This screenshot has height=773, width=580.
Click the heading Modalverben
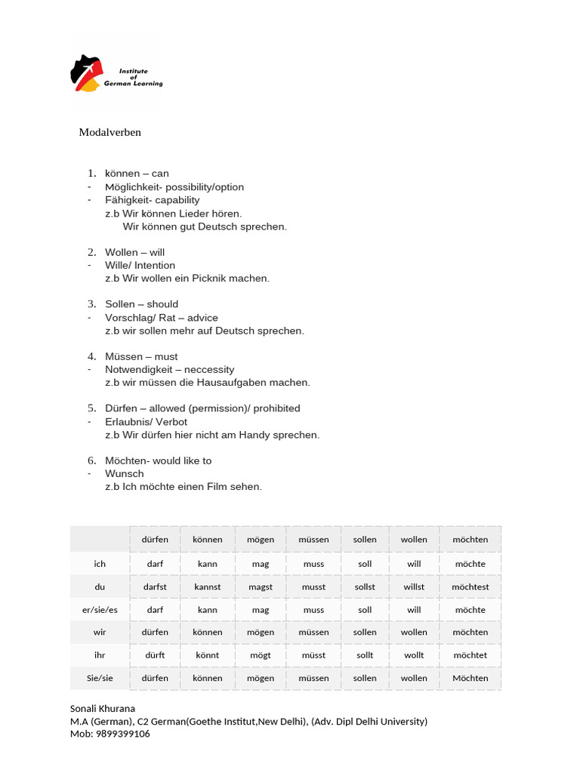pos(110,132)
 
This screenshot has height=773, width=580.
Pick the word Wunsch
pos(125,473)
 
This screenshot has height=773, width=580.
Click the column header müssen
pos(313,540)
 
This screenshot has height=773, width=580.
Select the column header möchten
pos(470,540)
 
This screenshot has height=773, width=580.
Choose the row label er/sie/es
pos(100,610)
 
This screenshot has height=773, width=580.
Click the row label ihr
pos(100,655)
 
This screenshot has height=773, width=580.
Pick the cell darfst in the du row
pos(155,587)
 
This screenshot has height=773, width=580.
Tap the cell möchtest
pos(470,587)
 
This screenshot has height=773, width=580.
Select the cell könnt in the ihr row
pos(208,655)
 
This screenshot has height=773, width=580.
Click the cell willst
pos(414,587)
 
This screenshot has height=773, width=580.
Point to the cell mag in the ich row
pos(261,564)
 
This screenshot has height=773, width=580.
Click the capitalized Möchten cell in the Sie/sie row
pos(470,678)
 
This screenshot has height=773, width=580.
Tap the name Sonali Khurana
pos(103,709)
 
